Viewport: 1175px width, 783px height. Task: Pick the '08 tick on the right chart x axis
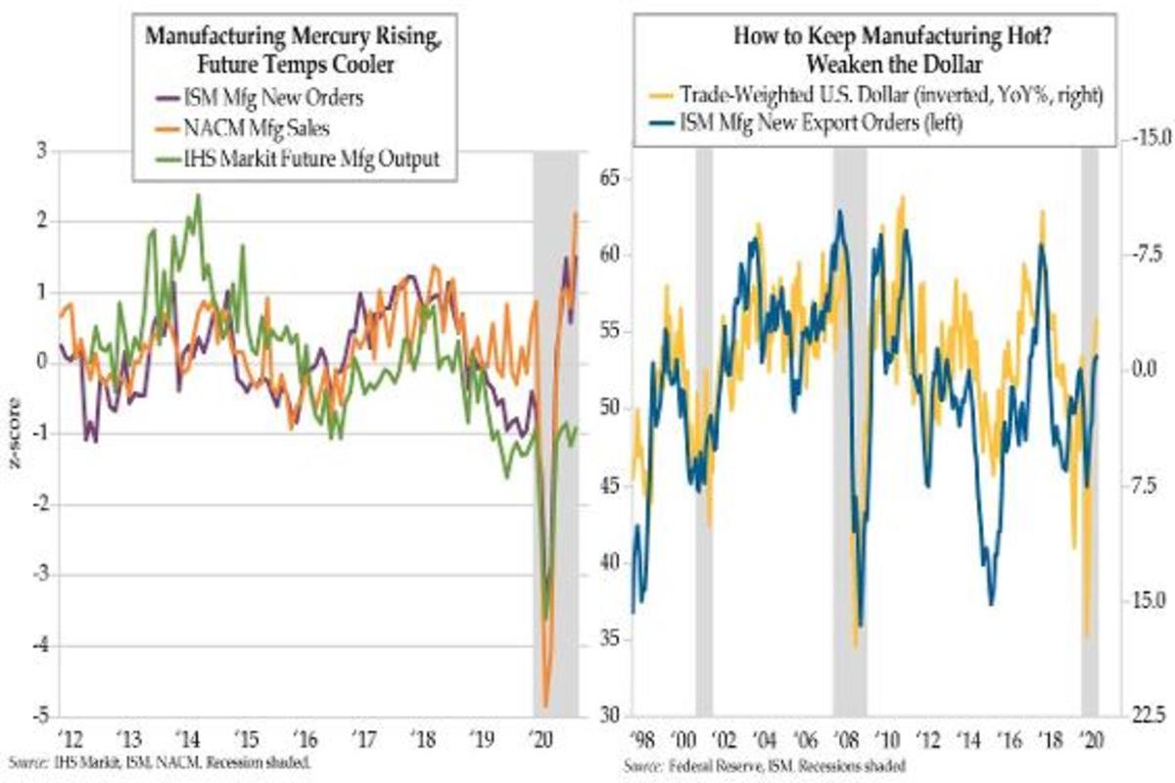[848, 738]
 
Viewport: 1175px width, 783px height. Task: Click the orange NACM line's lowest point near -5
[545, 705]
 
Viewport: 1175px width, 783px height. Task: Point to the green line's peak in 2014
[198, 195]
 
